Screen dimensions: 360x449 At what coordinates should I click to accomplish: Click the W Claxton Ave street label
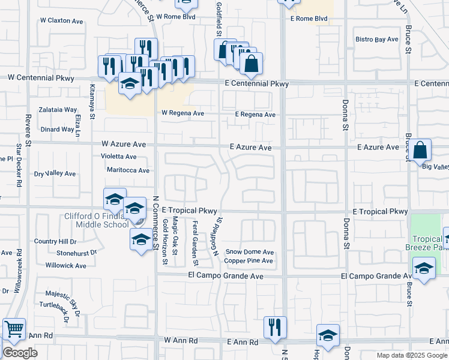[x=61, y=21]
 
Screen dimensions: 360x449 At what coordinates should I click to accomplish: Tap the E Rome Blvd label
[x=309, y=19]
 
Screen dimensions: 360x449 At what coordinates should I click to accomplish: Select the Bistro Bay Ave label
[x=377, y=40]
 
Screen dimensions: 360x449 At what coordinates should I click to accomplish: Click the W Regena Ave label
[x=183, y=113]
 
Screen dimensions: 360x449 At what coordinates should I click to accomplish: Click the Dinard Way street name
[x=58, y=129]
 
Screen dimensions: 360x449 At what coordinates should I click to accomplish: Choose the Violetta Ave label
[x=118, y=157]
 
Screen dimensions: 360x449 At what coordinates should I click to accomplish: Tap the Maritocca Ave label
[x=127, y=170]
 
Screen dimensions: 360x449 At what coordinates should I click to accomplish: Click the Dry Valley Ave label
[x=55, y=174]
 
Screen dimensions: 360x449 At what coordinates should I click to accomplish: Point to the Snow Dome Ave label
[x=249, y=252]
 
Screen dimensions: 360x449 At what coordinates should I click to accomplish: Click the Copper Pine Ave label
[x=249, y=261]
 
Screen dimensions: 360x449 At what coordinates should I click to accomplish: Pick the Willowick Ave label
[x=66, y=265]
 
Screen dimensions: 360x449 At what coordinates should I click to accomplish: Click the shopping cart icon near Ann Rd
[x=14, y=329]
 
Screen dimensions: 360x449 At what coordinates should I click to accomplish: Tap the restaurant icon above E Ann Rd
[x=275, y=327]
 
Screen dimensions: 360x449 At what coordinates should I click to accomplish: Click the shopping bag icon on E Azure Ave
[x=421, y=150]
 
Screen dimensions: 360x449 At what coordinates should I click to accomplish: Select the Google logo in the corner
[x=20, y=353]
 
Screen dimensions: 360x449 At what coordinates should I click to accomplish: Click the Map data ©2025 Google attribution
[x=412, y=355]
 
